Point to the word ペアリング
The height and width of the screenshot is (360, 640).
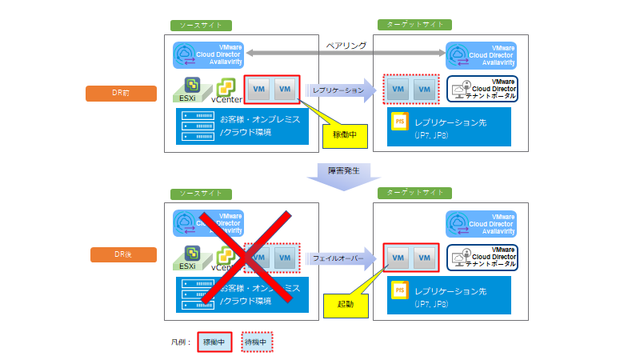click(346, 46)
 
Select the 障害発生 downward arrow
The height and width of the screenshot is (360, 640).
click(346, 175)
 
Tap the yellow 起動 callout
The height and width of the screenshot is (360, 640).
click(346, 304)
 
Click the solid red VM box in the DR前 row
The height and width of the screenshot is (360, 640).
click(271, 90)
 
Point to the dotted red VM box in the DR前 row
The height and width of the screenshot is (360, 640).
click(411, 90)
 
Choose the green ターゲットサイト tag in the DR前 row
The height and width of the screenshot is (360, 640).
click(415, 25)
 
